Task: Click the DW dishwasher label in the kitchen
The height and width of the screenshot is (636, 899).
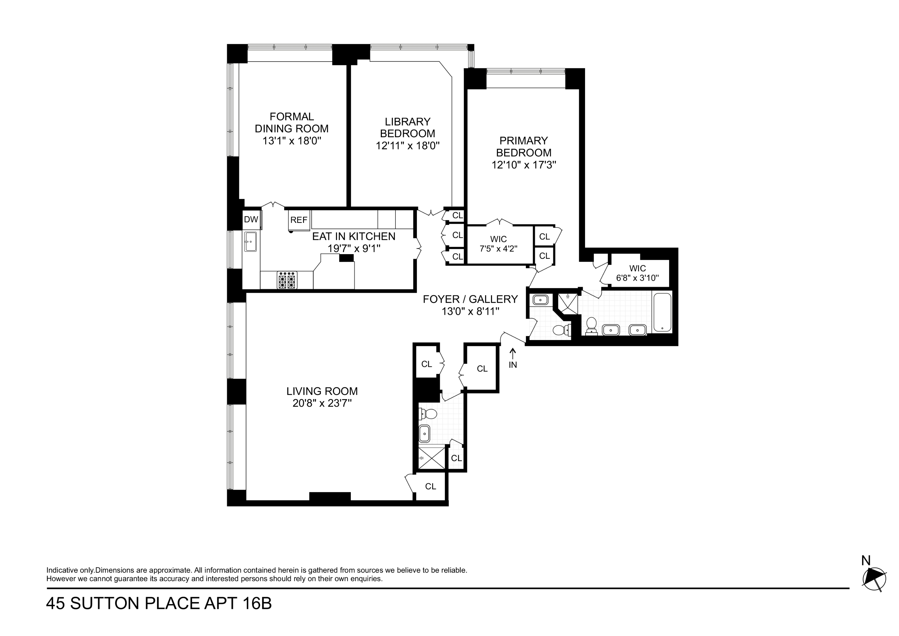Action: tap(251, 219)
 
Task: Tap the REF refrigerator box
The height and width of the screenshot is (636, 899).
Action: tap(299, 220)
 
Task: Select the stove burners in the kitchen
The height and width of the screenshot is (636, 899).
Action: tap(287, 280)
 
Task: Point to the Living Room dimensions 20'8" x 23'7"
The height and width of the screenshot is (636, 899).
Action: tap(322, 403)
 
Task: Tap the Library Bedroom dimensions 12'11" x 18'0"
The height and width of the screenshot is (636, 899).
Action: tap(408, 146)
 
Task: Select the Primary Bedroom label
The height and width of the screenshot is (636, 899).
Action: tap(524, 147)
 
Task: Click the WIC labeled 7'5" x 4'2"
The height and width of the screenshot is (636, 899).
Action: tap(498, 244)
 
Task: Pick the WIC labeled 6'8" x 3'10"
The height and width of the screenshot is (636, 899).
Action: tap(637, 273)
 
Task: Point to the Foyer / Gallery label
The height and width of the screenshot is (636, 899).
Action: tap(470, 299)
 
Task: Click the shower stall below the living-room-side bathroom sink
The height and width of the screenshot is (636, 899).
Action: tap(431, 458)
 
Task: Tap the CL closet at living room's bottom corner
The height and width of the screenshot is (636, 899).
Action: tap(430, 486)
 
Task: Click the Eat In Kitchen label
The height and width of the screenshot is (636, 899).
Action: tap(354, 236)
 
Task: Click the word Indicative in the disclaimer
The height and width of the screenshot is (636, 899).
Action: tap(62, 570)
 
